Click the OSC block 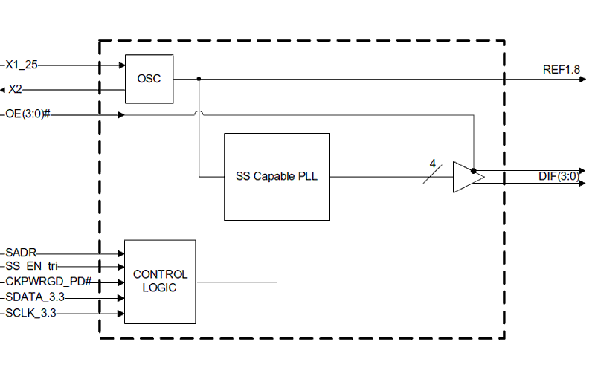(149, 79)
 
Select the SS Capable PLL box (277, 176)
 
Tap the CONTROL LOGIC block (160, 282)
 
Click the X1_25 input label (23, 65)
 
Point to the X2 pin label (16, 89)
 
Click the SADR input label (22, 253)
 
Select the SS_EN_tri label (32, 266)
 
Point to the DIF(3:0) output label (558, 176)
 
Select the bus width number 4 (432, 164)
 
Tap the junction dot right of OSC (199, 79)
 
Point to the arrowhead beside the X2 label (3, 90)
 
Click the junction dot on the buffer (474, 172)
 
